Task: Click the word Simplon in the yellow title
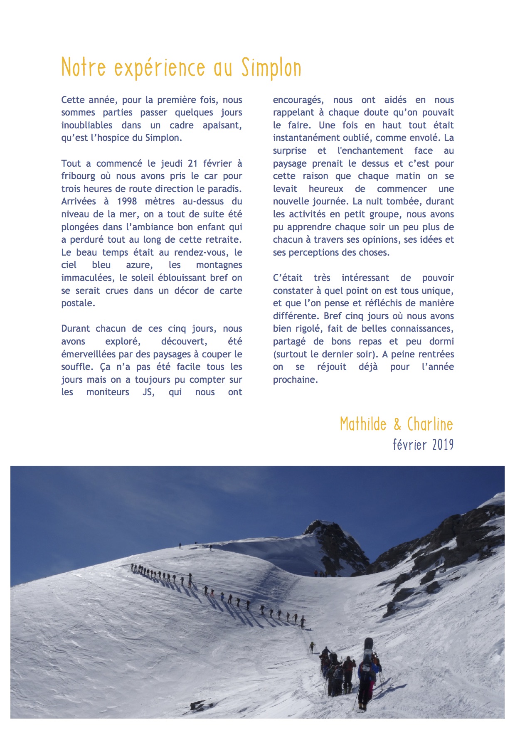[271, 68]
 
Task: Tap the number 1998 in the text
[127, 202]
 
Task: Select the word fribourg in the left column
[78, 176]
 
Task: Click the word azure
[140, 265]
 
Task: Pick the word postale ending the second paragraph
[78, 303]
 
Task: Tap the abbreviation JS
[148, 392]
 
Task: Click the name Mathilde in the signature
[363, 424]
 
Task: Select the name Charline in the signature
[430, 424]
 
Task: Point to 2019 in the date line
[443, 445]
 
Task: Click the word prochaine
[295, 380]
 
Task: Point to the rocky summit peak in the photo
[322, 529]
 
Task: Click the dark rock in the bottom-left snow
[198, 705]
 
